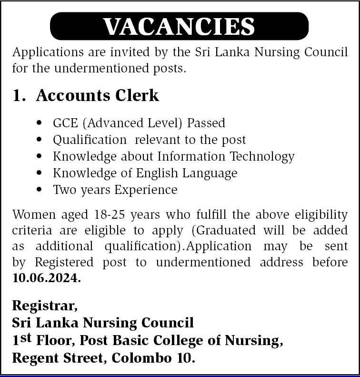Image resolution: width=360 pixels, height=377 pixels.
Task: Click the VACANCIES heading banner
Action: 179,26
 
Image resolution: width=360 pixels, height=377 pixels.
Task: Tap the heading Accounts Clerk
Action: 97,95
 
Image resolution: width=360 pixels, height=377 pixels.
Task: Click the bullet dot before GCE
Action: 39,123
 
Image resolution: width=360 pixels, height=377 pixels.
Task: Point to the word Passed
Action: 206,123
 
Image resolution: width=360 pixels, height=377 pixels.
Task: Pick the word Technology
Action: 262,156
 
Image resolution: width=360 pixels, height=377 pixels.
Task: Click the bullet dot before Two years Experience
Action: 39,190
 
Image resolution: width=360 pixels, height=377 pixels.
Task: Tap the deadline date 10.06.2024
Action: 46,279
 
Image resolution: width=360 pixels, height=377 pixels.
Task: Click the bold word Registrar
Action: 44,306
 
